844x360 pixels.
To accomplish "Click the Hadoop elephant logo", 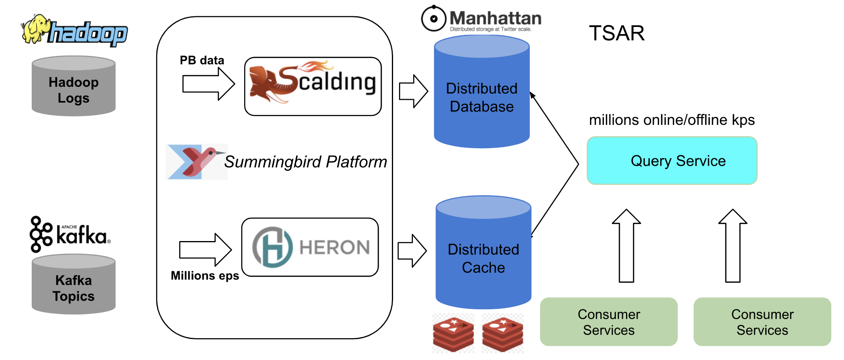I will click(74, 31).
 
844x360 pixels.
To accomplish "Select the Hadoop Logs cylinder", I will click(74, 86).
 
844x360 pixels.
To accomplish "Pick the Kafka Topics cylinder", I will click(74, 285).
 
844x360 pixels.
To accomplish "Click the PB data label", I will click(202, 60).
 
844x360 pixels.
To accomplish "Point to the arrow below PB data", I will click(208, 84).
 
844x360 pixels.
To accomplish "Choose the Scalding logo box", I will click(313, 86).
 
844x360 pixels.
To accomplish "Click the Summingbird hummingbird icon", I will click(197, 162).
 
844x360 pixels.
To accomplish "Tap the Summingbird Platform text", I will click(306, 162).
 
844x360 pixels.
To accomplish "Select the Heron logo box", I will click(310, 247).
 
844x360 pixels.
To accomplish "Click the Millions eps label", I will click(205, 276).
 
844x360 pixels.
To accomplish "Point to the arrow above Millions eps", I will click(205, 250).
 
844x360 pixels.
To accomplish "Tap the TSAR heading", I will click(617, 33).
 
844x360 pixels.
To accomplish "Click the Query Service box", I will click(672, 161).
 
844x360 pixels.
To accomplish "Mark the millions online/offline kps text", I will click(672, 120).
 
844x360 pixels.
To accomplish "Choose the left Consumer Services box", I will click(609, 322).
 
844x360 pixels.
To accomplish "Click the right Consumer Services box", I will click(762, 322).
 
